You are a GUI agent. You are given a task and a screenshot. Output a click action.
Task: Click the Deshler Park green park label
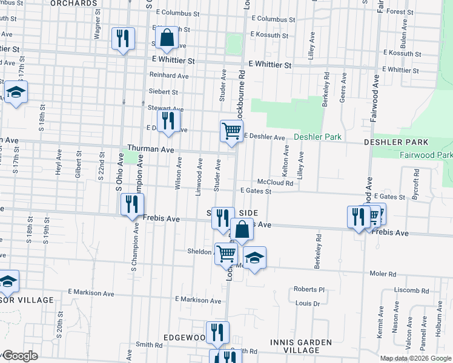point(317,137)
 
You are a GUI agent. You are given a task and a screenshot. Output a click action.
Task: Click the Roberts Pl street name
point(309,289)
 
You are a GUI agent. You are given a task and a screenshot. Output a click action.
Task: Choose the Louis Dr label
point(308,303)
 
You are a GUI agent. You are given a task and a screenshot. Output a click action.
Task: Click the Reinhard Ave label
point(169,76)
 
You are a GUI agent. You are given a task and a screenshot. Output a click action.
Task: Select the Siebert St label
point(164,92)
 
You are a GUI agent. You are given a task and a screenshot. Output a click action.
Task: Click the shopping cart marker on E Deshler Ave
point(231,131)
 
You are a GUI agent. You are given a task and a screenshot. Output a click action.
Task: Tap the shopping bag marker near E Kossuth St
point(167,38)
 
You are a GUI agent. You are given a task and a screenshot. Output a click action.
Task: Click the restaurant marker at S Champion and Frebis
point(131,204)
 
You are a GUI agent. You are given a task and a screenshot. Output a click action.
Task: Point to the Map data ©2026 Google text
point(415,358)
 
